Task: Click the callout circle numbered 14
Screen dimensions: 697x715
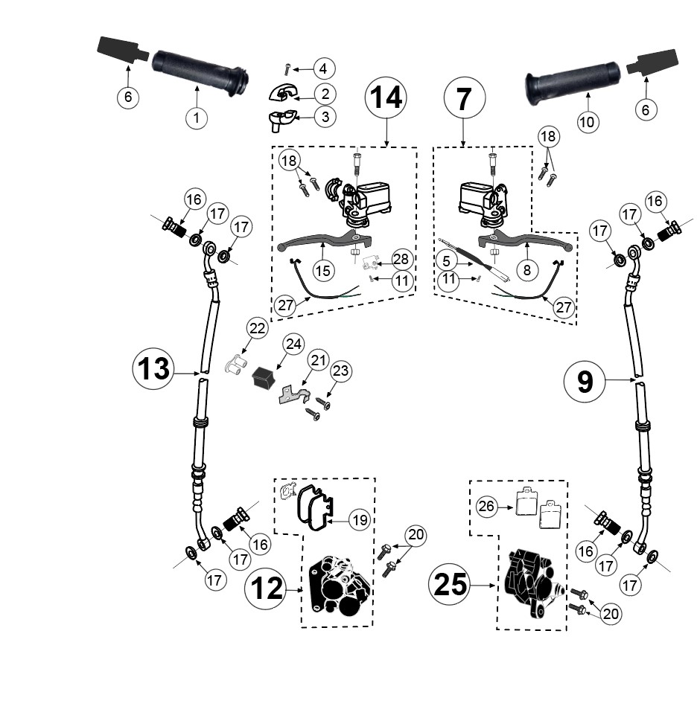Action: (386, 97)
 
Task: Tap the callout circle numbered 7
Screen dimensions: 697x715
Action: (464, 97)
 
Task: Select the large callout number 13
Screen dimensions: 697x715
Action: (153, 368)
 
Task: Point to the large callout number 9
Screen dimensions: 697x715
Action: (585, 381)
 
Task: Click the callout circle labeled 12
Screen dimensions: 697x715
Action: (266, 589)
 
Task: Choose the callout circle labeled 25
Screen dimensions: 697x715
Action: (450, 585)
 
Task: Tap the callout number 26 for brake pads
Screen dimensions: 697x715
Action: (486, 506)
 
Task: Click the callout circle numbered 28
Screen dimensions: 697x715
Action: (401, 259)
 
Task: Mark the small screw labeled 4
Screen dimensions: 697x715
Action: (287, 69)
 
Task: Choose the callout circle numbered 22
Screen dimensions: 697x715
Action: (257, 328)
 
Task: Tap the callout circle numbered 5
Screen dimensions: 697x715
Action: (446, 261)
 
